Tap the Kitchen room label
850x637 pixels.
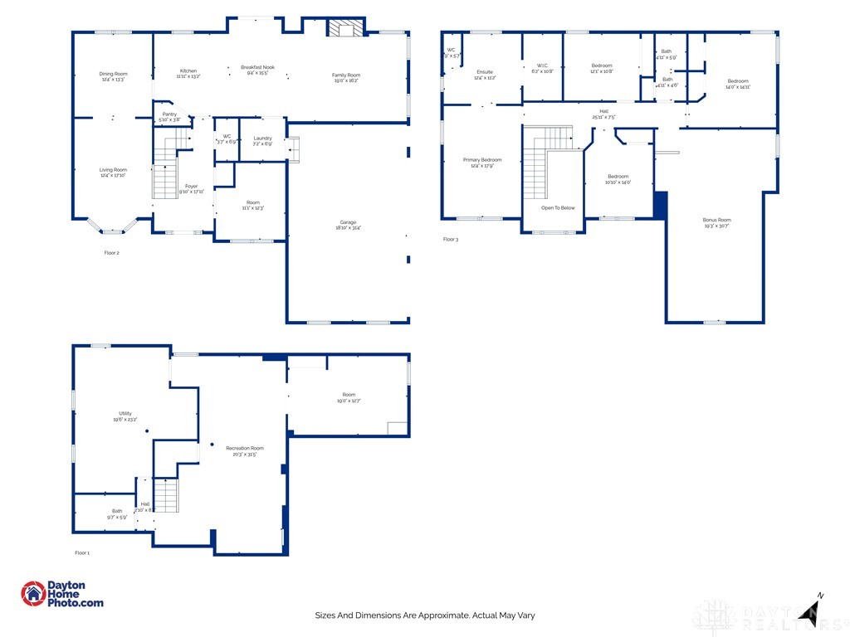pos(188,72)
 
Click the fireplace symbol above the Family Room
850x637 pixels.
pos(344,29)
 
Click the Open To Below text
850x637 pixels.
pos(558,208)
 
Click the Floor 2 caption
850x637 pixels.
pos(111,252)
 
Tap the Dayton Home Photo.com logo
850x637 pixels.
pos(62,594)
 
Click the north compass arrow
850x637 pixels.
pos(810,611)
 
